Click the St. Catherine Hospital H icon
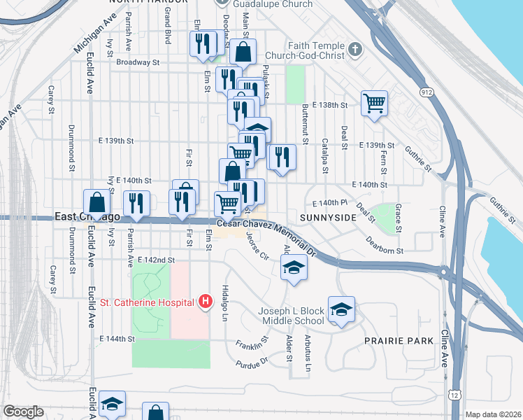pos(206,302)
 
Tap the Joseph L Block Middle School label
pos(291,316)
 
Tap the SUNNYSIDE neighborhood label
pos(328,218)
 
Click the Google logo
pos(23,412)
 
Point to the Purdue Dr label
pos(252,363)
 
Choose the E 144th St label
pos(117,339)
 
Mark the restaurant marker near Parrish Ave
pos(136,203)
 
